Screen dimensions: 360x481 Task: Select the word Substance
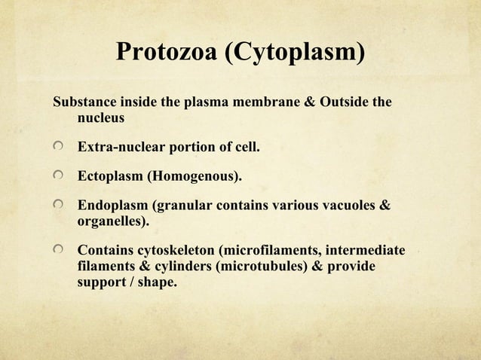click(81, 102)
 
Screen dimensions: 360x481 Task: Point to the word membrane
click(273, 102)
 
